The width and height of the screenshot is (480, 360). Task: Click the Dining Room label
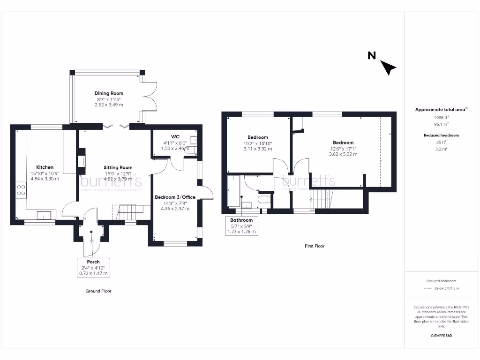109,94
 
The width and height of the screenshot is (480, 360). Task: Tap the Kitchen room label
45,167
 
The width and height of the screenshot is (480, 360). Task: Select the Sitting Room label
118,167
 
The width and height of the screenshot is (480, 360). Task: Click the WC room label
175,137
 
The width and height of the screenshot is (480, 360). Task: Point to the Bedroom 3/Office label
175,197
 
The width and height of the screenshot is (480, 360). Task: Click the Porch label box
93,267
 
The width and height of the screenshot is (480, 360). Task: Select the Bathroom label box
241,225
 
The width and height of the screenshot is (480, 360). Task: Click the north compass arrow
389,68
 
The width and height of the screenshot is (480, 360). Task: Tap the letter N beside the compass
371,56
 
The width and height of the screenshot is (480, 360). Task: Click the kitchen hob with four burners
21,190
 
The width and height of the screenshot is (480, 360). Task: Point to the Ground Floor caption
98,291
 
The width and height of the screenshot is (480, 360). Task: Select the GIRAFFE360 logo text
441,336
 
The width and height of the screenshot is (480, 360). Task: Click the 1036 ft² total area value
441,117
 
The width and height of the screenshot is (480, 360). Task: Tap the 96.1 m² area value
441,124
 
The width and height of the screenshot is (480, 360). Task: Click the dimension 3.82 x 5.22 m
343,154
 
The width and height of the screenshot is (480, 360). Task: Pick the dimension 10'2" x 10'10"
258,143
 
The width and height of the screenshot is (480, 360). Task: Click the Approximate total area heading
441,110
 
